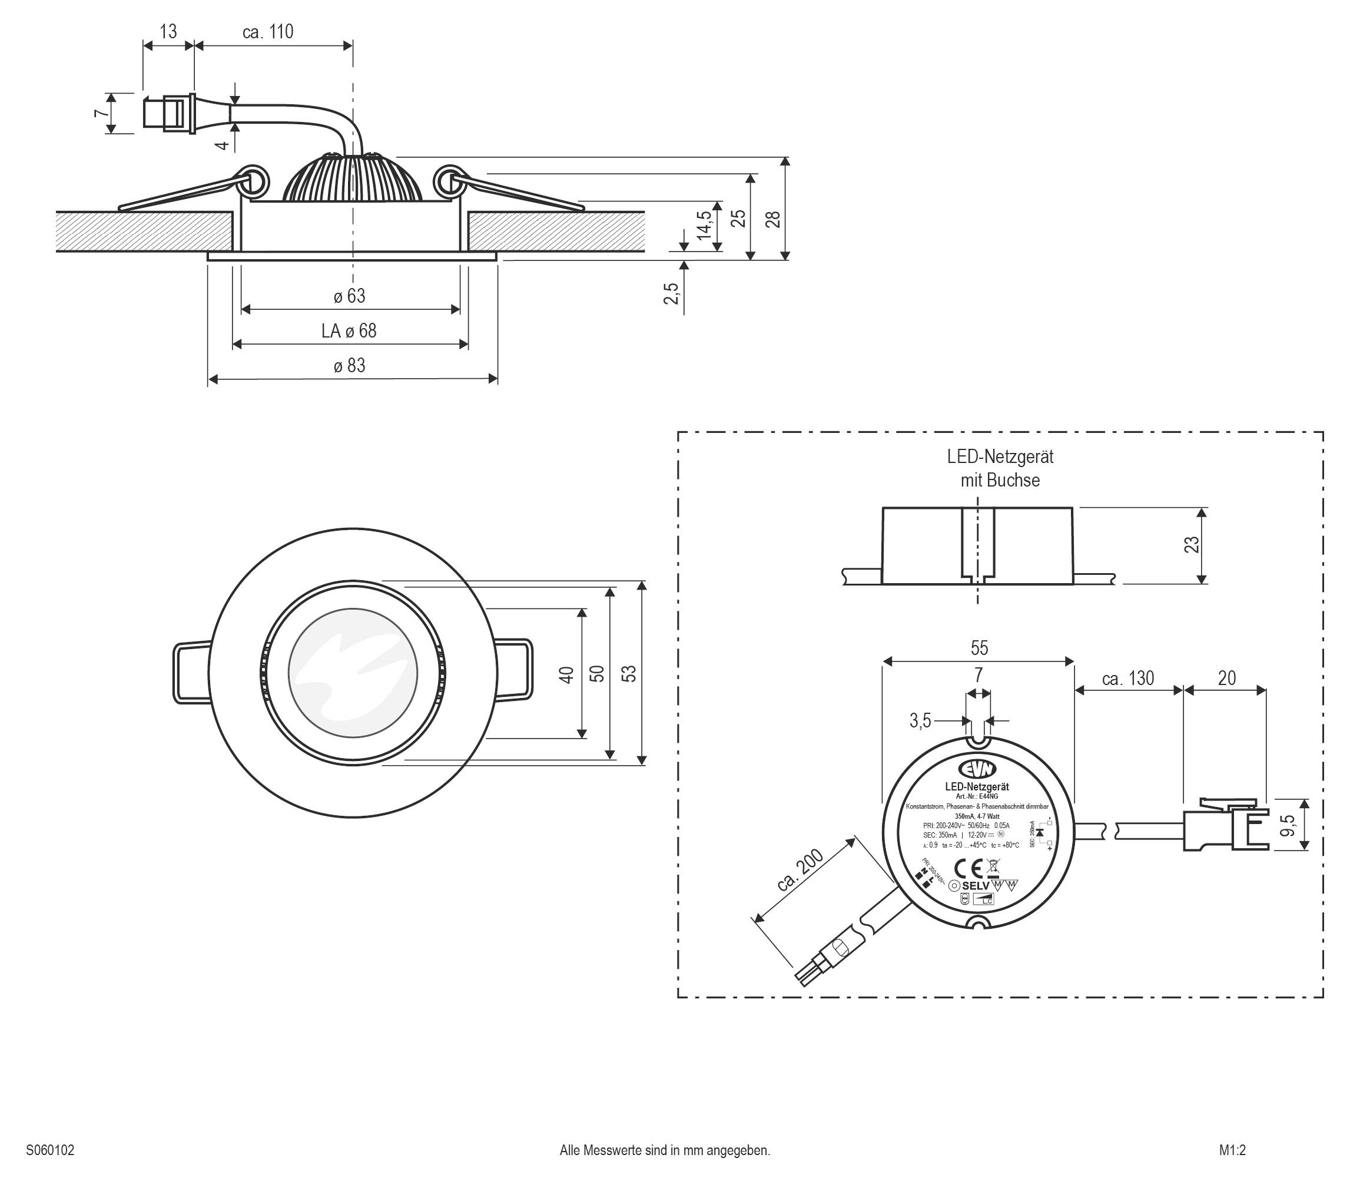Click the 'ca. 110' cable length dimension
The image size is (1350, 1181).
tap(267, 32)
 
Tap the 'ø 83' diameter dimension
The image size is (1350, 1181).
tap(349, 366)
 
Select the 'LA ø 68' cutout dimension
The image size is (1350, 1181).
tap(349, 331)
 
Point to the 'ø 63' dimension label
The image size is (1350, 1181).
tap(349, 296)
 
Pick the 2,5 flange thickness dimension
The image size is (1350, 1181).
tap(671, 293)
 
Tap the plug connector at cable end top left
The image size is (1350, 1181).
tap(168, 113)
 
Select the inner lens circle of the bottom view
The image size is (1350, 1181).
tap(353, 673)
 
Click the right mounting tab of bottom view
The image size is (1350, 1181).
tap(514, 671)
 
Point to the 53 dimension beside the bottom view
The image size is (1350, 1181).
tap(630, 673)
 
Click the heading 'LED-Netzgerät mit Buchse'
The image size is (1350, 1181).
tap(1000, 468)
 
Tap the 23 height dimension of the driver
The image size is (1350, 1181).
tap(1192, 545)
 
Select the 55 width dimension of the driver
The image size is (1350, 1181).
tap(979, 648)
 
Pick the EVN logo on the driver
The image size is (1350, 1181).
tap(978, 769)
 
